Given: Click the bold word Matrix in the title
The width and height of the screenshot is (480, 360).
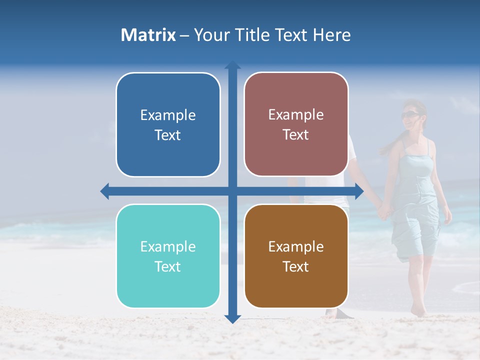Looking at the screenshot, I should (x=148, y=35).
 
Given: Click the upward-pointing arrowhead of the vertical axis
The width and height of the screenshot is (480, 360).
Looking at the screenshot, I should (x=232, y=64).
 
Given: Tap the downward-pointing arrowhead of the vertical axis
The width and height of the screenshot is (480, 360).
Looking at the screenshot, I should (x=232, y=318).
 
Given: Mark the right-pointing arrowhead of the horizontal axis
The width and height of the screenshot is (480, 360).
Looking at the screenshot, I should (x=359, y=191).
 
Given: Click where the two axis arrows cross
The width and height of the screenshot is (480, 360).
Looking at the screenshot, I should (x=232, y=191).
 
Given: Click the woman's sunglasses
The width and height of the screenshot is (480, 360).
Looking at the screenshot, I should (x=410, y=115).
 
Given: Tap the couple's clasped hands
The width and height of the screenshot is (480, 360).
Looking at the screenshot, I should (x=384, y=210).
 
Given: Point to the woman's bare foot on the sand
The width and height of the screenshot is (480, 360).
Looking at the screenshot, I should (x=418, y=311).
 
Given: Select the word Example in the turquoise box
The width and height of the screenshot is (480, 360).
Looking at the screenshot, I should (x=168, y=246).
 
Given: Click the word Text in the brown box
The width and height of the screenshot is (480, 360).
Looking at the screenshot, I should (x=296, y=266).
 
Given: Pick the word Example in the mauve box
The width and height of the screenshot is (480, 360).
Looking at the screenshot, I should (x=296, y=114).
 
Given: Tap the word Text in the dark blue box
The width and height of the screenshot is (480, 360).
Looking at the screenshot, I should (x=168, y=135).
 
